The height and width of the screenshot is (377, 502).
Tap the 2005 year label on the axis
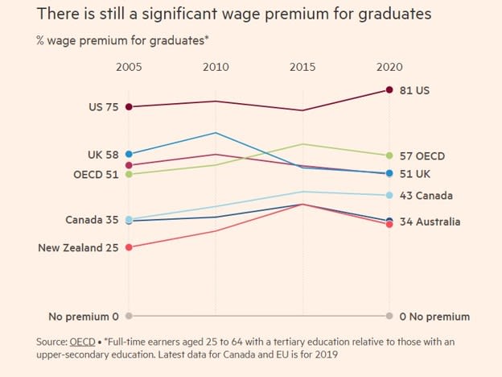point(129,67)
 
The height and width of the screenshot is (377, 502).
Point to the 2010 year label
point(216,67)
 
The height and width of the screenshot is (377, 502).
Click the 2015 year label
point(302,67)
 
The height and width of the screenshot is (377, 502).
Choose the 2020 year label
point(389,67)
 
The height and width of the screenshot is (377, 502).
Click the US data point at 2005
point(129,106)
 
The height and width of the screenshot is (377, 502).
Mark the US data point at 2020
point(389,89)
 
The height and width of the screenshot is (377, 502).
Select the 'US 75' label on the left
point(104,107)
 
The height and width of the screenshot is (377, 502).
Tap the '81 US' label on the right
point(414,90)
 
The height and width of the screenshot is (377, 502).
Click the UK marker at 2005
point(129,154)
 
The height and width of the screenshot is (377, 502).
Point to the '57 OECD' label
point(422,155)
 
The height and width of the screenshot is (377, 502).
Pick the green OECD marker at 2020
point(389,155)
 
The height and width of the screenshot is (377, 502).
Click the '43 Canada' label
point(426,195)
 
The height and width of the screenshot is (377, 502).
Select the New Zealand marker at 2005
point(129,247)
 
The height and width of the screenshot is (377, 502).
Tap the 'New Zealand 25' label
point(78,247)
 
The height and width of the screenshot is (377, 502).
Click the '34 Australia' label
point(430,222)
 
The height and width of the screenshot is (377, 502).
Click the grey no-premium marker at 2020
point(389,316)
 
